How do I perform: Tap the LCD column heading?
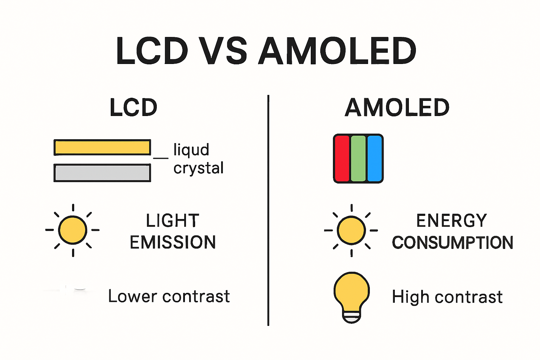pos(133,108)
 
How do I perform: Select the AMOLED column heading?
pos(397,108)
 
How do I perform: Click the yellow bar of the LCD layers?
pos(102,147)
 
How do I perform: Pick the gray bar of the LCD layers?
pos(102,173)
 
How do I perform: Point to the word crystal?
pos(199,168)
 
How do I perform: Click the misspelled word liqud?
pos(191,150)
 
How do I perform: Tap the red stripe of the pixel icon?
pos(342,159)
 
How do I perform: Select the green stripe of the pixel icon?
pos(358,159)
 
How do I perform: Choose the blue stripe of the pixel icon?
pos(374,159)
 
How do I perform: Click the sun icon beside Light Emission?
pos(73,230)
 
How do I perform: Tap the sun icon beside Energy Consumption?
pos(351,230)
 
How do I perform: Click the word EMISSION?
pos(173,242)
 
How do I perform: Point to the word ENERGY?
pos(452,221)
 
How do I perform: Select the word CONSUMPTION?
pos(452,243)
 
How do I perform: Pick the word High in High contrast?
pos(411,297)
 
